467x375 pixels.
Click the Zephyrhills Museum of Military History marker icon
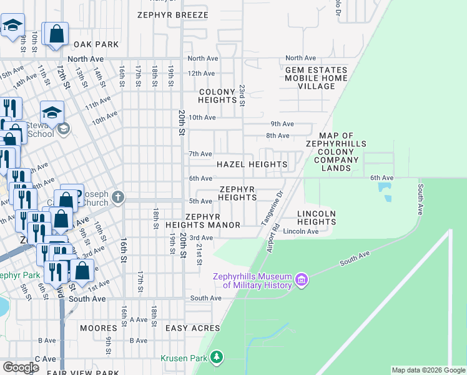coord(302,279)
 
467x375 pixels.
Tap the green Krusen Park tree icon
coord(217,357)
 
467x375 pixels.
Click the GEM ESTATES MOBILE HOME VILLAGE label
coord(316,78)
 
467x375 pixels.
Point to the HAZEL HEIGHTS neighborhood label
coord(252,165)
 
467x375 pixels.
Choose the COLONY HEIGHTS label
coord(218,96)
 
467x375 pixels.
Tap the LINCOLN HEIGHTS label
coord(317,217)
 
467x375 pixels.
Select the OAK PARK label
coord(96,44)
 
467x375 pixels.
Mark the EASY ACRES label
coord(192,327)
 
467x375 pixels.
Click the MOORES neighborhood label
coord(99,327)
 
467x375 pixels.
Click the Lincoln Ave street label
coord(301,231)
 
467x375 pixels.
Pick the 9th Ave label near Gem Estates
coord(282,124)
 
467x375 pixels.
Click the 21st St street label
coord(199,254)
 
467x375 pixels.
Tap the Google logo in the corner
coord(21,367)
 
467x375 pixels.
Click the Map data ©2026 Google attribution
coord(428,370)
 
